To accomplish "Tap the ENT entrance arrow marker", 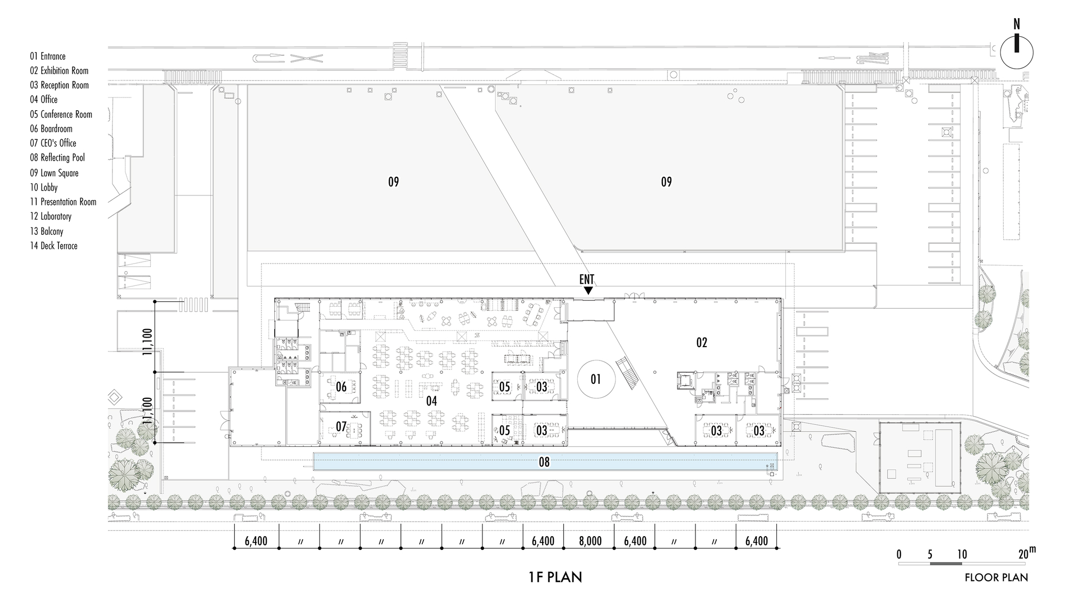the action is tap(588, 290).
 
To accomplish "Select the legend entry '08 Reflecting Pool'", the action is tap(58, 158).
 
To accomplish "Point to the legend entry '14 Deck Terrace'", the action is tap(54, 246).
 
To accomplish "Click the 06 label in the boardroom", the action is tap(341, 387).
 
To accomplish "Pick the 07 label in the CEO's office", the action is tap(341, 427).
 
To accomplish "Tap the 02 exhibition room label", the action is tap(702, 342).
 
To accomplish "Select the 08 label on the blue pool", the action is tap(544, 462).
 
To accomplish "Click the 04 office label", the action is tap(431, 401).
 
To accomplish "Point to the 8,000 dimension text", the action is tap(590, 541).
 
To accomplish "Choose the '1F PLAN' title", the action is tap(555, 577).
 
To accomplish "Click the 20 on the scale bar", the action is tap(1023, 554).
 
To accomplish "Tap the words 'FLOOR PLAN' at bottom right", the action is tap(996, 578).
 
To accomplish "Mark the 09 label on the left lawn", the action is tap(393, 182).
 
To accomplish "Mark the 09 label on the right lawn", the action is tap(666, 182).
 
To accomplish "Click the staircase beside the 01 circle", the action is tap(627, 374).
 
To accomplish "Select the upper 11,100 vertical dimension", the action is tap(148, 341).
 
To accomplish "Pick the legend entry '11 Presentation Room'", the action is tap(63, 202).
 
